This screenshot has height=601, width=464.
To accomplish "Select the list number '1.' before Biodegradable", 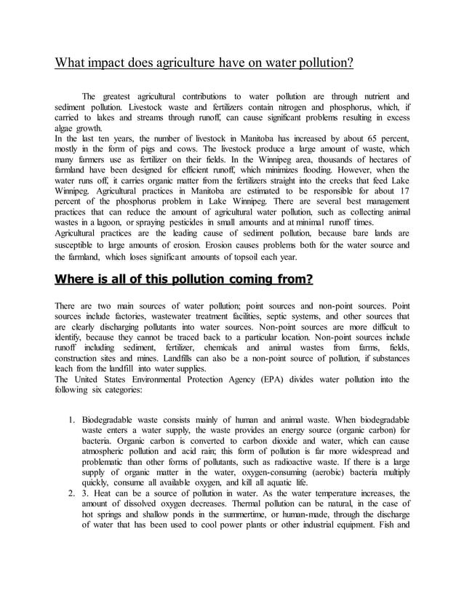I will pos(72,421).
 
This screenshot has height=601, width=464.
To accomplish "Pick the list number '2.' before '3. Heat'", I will pos(72,493).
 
